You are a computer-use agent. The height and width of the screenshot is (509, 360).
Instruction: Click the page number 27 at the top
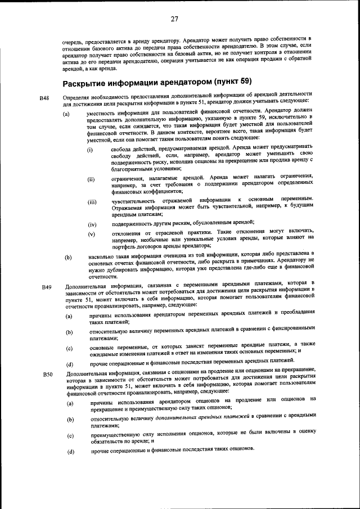point(174,19)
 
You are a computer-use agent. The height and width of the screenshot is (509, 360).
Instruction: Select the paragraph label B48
point(45,98)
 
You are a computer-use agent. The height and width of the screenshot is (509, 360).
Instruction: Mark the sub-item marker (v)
point(91,234)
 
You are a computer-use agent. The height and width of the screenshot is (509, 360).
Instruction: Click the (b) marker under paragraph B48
point(69,258)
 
